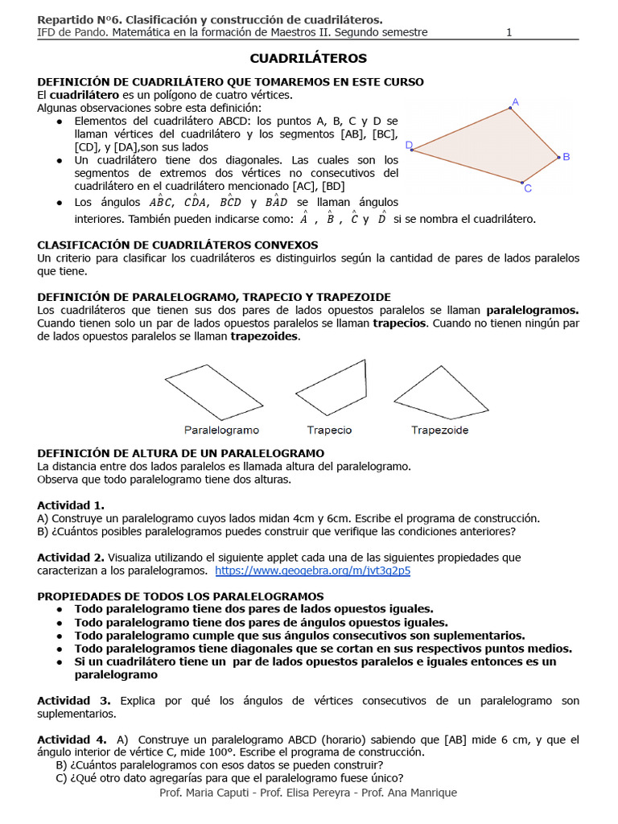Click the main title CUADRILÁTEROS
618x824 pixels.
[x=308, y=59]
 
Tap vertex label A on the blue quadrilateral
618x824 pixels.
[x=515, y=101]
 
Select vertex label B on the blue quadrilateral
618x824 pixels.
[x=566, y=157]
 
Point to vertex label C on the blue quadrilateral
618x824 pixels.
[x=528, y=189]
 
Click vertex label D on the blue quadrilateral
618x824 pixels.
[x=409, y=146]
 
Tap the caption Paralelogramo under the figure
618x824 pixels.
[x=221, y=431]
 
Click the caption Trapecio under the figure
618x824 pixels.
[x=329, y=431]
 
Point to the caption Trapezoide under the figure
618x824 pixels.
[x=439, y=431]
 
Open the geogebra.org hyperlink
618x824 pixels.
[x=312, y=571]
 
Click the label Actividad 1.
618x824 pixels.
[x=71, y=505]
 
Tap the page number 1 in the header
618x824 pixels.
[x=509, y=33]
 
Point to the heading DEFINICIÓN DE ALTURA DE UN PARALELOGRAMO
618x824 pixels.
[x=181, y=454]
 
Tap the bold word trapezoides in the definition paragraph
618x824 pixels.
[x=264, y=336]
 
